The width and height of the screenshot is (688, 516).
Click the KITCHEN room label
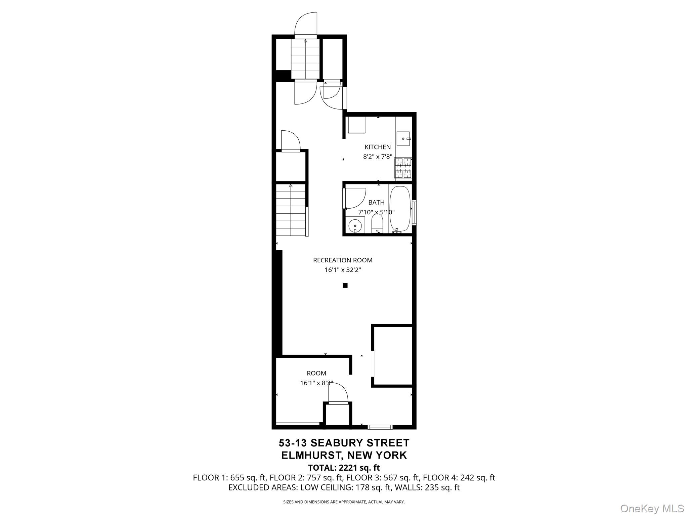[378, 147]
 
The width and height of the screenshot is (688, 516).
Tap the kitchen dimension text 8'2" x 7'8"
[378, 157]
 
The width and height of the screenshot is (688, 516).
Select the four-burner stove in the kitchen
[403, 168]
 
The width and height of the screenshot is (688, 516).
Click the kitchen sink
[403, 138]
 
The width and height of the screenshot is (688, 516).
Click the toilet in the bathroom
[377, 223]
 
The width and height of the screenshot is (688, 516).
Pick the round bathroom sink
[355, 225]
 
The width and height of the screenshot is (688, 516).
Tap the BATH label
[376, 202]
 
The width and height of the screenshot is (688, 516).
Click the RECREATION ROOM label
[343, 260]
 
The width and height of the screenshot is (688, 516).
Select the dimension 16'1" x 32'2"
[343, 270]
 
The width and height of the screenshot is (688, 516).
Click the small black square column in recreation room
[345, 286]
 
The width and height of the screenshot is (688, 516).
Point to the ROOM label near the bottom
[316, 373]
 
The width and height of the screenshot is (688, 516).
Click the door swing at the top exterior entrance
[306, 24]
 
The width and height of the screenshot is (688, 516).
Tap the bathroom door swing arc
[355, 198]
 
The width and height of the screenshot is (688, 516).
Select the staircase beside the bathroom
[291, 210]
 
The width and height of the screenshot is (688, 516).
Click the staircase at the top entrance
[305, 59]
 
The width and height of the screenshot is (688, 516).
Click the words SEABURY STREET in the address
[360, 443]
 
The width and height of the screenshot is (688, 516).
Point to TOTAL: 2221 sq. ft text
[344, 468]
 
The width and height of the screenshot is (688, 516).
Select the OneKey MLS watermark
[652, 509]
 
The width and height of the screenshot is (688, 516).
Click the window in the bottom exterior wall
[380, 427]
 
